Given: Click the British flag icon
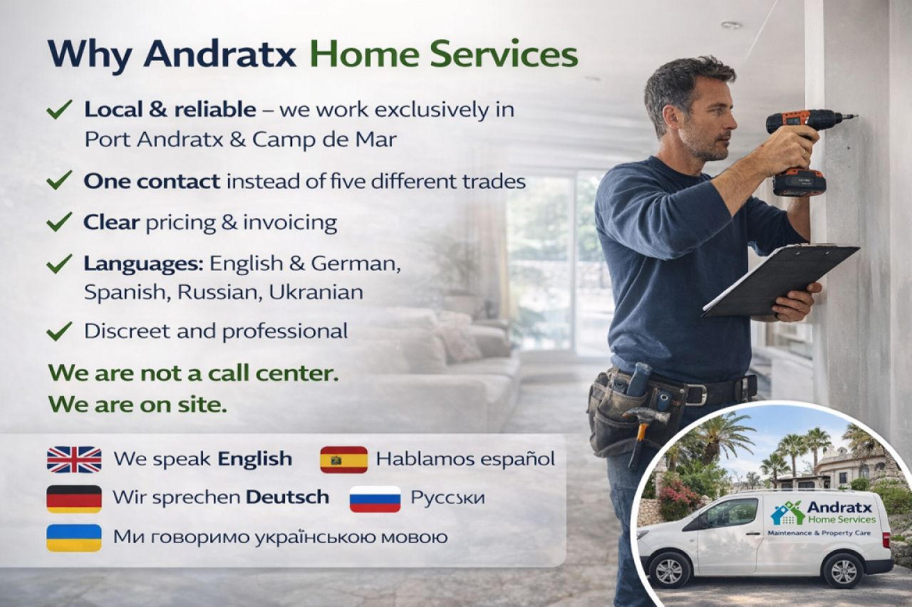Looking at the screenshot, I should click(x=74, y=460).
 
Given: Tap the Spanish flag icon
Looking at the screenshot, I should click(x=343, y=460).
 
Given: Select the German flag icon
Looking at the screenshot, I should click(x=74, y=498).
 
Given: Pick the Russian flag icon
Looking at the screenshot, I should click(x=375, y=499).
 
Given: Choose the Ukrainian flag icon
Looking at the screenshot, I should click(x=74, y=537).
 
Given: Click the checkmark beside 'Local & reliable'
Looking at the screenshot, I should click(x=59, y=110).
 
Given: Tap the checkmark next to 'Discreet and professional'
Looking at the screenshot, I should click(x=59, y=331).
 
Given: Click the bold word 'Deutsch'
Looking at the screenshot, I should click(x=287, y=497).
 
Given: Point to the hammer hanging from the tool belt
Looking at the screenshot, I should click(x=641, y=427).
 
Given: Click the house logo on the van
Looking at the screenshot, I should click(x=787, y=512).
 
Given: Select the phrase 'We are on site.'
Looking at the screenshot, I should click(x=138, y=405).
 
